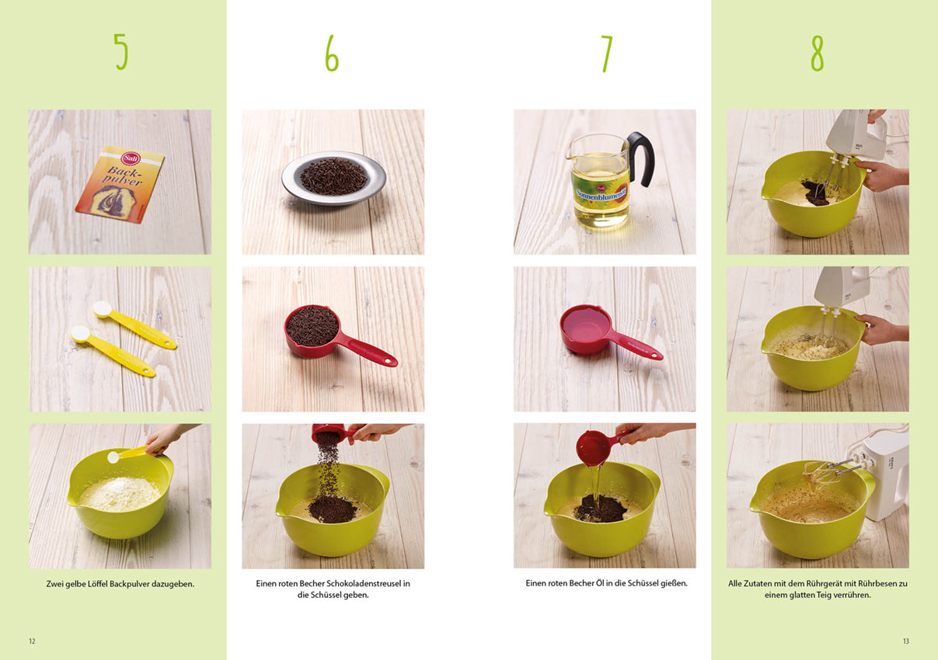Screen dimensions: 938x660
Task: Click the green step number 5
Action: pyautogui.click(x=121, y=52)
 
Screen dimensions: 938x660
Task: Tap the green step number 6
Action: pyautogui.click(x=332, y=53)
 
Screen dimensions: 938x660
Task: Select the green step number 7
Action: pyautogui.click(x=606, y=54)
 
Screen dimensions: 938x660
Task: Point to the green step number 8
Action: pyautogui.click(x=817, y=53)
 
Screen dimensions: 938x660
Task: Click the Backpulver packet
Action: pyautogui.click(x=120, y=184)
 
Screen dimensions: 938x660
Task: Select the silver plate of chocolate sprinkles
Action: pyautogui.click(x=333, y=178)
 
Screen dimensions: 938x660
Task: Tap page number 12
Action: pyautogui.click(x=32, y=641)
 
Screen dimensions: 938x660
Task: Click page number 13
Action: pyautogui.click(x=906, y=641)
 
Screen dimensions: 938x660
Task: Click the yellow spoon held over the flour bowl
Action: pyautogui.click(x=128, y=454)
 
